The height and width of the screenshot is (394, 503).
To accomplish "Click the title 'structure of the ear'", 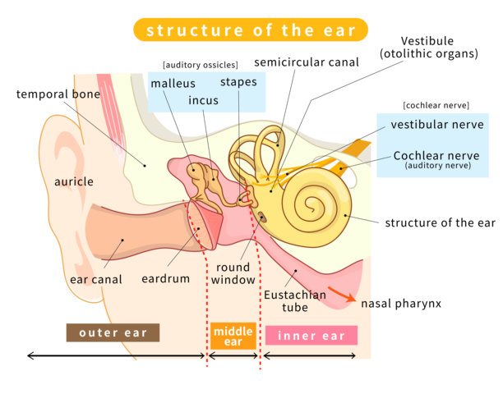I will (x=251, y=30).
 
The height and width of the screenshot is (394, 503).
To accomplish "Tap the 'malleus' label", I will (x=173, y=82).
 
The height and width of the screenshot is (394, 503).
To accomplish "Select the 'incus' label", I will (x=204, y=101).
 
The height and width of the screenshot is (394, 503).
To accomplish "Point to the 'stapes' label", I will (x=238, y=82).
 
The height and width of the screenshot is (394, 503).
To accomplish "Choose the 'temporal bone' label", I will (x=58, y=94).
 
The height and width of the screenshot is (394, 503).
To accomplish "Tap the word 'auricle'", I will (x=74, y=181).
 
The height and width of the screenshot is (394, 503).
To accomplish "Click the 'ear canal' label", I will (x=96, y=279).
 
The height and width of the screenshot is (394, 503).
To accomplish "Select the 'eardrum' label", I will (x=165, y=278).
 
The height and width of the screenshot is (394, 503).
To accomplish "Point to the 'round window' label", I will (x=233, y=274).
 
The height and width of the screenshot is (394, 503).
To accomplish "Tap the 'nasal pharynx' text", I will (x=401, y=304).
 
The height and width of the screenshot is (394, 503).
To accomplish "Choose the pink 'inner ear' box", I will (x=311, y=336).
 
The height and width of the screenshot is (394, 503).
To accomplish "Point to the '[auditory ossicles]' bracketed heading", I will (x=201, y=64).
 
